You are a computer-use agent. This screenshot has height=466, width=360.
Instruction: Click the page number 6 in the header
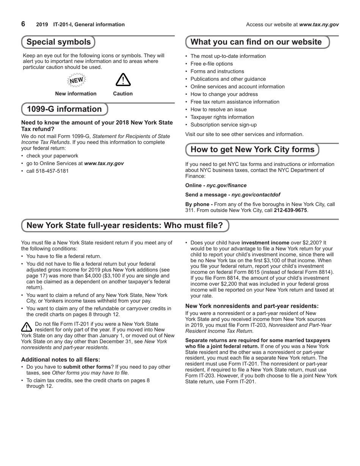pos(23,24)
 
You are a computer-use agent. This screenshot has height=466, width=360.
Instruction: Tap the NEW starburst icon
pos(77,80)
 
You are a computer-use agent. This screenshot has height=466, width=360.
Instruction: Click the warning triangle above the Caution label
pos(123,80)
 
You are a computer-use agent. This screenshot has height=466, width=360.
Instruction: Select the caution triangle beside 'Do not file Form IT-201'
pos(27,327)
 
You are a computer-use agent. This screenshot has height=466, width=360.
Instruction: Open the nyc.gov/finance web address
pos(226,185)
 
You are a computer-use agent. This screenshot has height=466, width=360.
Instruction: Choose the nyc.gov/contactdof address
pos(256,194)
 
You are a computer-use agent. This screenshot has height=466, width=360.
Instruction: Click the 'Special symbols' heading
pos(58,42)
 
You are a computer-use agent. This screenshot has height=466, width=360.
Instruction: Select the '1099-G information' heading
pos(64,109)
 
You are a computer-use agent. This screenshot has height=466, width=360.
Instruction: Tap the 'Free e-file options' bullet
pos(211,64)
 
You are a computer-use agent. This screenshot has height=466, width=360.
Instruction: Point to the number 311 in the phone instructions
pos(190,210)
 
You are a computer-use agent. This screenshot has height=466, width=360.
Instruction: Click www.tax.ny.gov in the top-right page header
pos(319,25)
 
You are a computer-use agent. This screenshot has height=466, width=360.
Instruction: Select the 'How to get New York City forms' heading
pos(252,149)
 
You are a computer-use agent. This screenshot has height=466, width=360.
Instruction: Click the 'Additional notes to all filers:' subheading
pos(61,359)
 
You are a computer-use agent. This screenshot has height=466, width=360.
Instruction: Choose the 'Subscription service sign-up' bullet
pos(223,125)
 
